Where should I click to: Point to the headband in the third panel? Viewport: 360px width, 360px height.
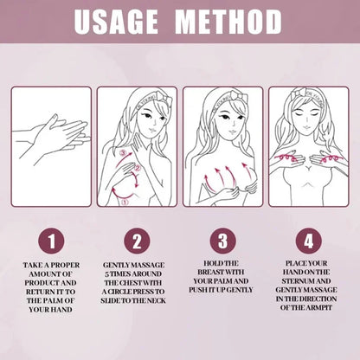point(228,97)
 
